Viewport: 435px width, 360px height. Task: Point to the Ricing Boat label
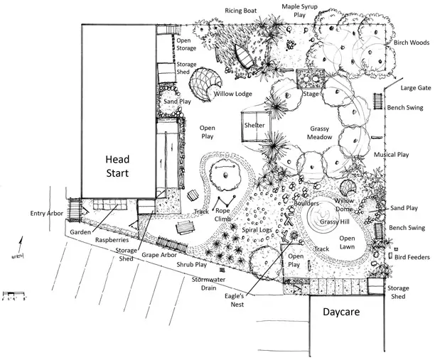click(241, 11)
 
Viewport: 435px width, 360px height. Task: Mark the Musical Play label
click(392, 154)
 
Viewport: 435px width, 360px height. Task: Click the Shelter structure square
click(254, 126)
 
